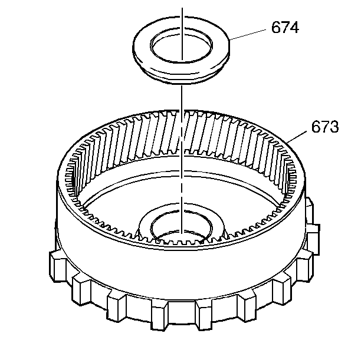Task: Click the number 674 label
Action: pyautogui.click(x=285, y=27)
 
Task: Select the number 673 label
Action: pyautogui.click(x=325, y=127)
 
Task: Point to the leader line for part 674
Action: pyautogui.click(x=248, y=35)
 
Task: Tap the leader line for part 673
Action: pyautogui.click(x=297, y=137)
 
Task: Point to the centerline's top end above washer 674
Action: pyautogui.click(x=182, y=8)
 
